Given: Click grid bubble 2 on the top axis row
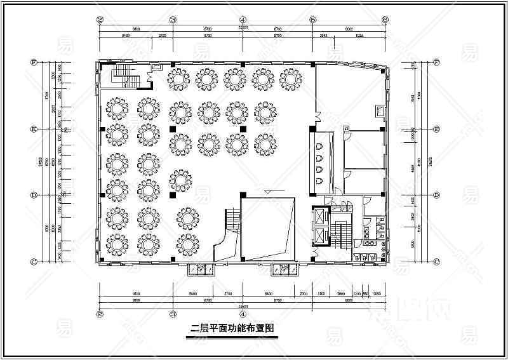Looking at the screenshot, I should click(100, 19).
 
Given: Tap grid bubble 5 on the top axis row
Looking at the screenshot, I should click(313, 19).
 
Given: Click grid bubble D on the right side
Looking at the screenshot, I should click(436, 195).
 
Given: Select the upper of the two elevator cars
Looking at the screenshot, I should click(319, 217).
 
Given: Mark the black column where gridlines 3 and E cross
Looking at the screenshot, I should click(173, 129).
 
